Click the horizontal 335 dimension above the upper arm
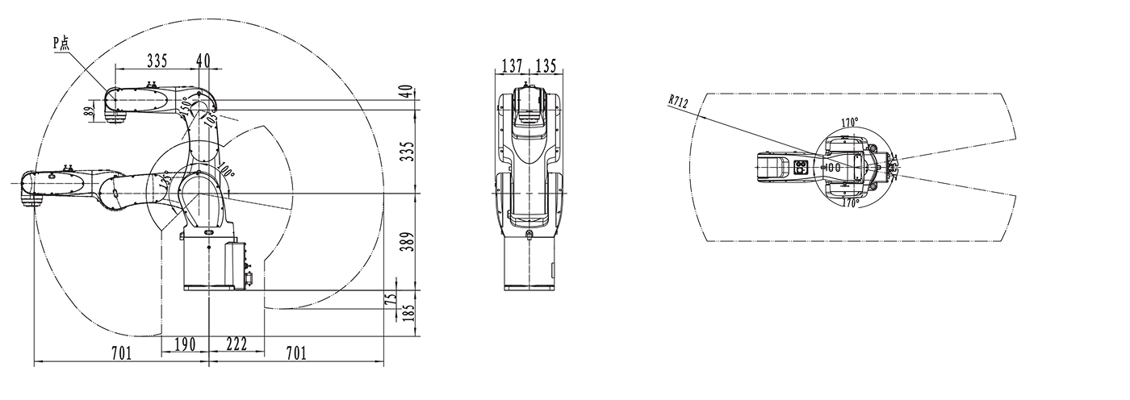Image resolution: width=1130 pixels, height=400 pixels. pos(157,60)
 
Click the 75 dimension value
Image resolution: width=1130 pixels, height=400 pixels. pos(391,299)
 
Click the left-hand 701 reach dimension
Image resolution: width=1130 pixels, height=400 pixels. pos(122,352)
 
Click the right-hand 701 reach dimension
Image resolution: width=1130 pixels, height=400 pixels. pos(296,352)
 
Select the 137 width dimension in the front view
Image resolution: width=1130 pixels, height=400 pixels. pos(511,65)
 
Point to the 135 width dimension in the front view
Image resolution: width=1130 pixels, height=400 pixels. pos(546,65)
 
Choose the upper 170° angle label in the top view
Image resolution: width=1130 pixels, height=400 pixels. pos(850,123)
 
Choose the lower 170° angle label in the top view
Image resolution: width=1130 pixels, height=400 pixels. pos(850,204)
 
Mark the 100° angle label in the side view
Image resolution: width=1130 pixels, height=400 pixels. pos(226,172)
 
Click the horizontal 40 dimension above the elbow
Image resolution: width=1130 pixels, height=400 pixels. pos(203,60)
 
